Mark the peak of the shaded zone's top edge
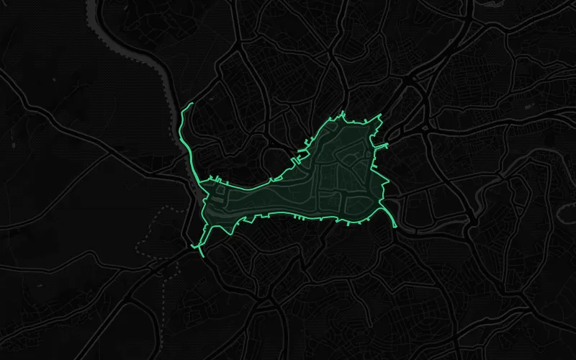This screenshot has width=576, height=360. pos(344,112)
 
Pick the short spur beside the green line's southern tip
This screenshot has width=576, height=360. pos(193,247)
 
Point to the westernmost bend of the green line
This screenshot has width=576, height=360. pos(179,130)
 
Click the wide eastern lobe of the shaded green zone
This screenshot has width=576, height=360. pos(346,173)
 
